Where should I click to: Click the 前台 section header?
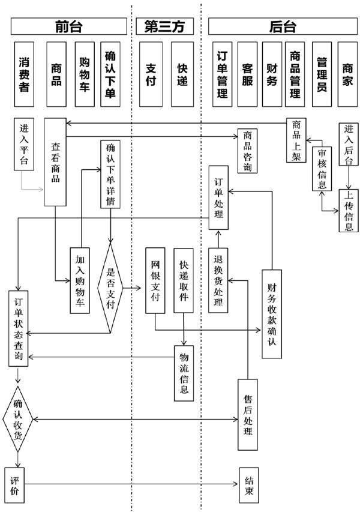pyautogui.click(x=68, y=26)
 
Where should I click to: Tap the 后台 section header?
pyautogui.click(x=282, y=26)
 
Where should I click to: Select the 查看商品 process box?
pyautogui.click(x=55, y=162)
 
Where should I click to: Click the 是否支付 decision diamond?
pyautogui.click(x=110, y=287)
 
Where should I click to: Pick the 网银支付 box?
pyautogui.click(x=155, y=280)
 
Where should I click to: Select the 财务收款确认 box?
pyautogui.click(x=271, y=313)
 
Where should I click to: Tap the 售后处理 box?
pyautogui.click(x=248, y=414)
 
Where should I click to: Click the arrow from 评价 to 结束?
pyautogui.click(x=132, y=483)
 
